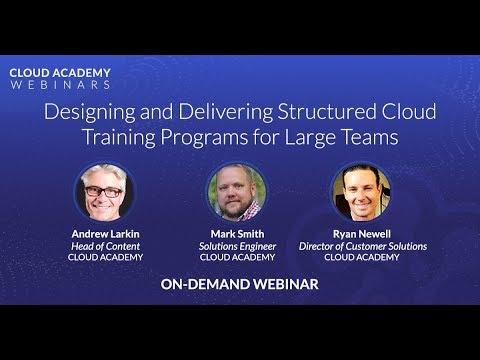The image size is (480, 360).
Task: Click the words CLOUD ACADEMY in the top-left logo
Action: (x=60, y=73)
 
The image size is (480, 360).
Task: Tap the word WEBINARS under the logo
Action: (x=60, y=85)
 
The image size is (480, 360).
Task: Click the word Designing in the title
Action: (x=90, y=112)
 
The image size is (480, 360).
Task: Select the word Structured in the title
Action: (x=327, y=111)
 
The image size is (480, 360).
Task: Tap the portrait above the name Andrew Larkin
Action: (x=104, y=192)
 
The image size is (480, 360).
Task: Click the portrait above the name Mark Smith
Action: (x=237, y=192)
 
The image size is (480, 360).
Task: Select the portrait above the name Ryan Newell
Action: (x=361, y=192)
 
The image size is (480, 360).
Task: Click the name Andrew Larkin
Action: (x=105, y=234)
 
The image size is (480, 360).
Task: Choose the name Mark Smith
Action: (x=237, y=234)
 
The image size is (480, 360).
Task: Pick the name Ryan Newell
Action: (x=362, y=234)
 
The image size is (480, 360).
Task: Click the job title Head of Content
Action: (x=105, y=246)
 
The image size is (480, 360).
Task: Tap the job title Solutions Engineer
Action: (x=237, y=247)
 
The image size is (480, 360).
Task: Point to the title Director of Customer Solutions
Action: (x=363, y=246)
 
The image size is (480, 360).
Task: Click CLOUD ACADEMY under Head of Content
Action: (x=105, y=257)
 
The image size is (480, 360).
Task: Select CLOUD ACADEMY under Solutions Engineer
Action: (x=237, y=257)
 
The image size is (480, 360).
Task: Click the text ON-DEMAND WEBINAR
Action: (x=239, y=284)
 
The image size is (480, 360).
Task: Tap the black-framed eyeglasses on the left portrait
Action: (x=103, y=192)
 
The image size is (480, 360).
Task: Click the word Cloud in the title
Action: (x=409, y=111)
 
